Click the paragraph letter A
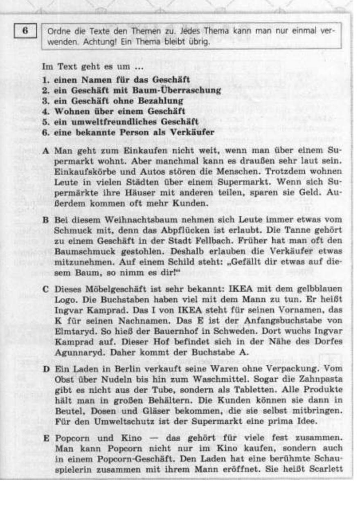(46, 150)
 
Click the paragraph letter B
(46, 220)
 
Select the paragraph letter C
(46, 289)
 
